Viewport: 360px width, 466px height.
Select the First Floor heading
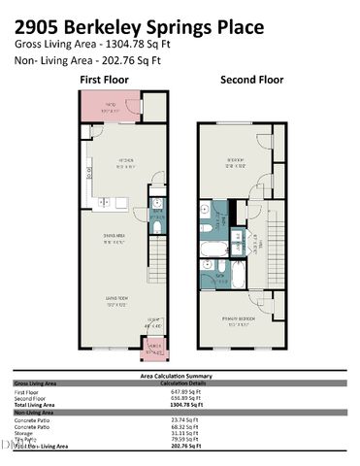coord(105,79)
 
